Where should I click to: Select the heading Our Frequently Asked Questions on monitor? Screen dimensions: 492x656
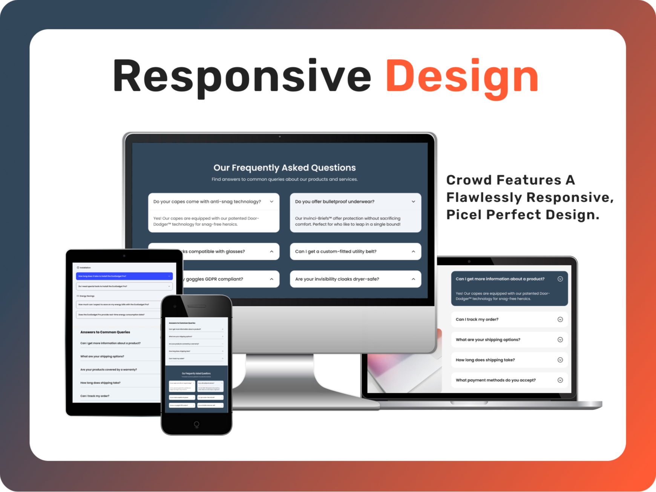pos(284,168)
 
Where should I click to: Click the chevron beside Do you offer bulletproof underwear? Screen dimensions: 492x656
pos(413,202)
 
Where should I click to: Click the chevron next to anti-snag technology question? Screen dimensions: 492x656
pos(271,202)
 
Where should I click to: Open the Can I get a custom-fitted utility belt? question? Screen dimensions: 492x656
pos(336,251)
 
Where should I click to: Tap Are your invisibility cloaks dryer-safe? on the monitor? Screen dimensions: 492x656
pos(337,279)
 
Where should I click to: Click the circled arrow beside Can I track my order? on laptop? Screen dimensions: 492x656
pos(560,319)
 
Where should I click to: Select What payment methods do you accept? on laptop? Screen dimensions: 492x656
pos(495,380)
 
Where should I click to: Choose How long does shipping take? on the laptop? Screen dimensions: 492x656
pos(485,360)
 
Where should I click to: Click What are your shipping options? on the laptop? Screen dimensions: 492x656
pos(487,340)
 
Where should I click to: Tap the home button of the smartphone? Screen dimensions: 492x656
pos(196,424)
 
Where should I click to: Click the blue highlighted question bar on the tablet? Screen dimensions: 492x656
pos(124,276)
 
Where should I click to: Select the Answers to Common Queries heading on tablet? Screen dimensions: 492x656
pos(105,332)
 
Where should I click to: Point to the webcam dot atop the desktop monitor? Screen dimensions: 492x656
pos(280,136)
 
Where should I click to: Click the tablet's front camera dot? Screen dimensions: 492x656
pos(124,256)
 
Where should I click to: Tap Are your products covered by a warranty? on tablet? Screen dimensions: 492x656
pos(109,369)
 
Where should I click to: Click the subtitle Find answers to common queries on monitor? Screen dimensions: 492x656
pos(284,179)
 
